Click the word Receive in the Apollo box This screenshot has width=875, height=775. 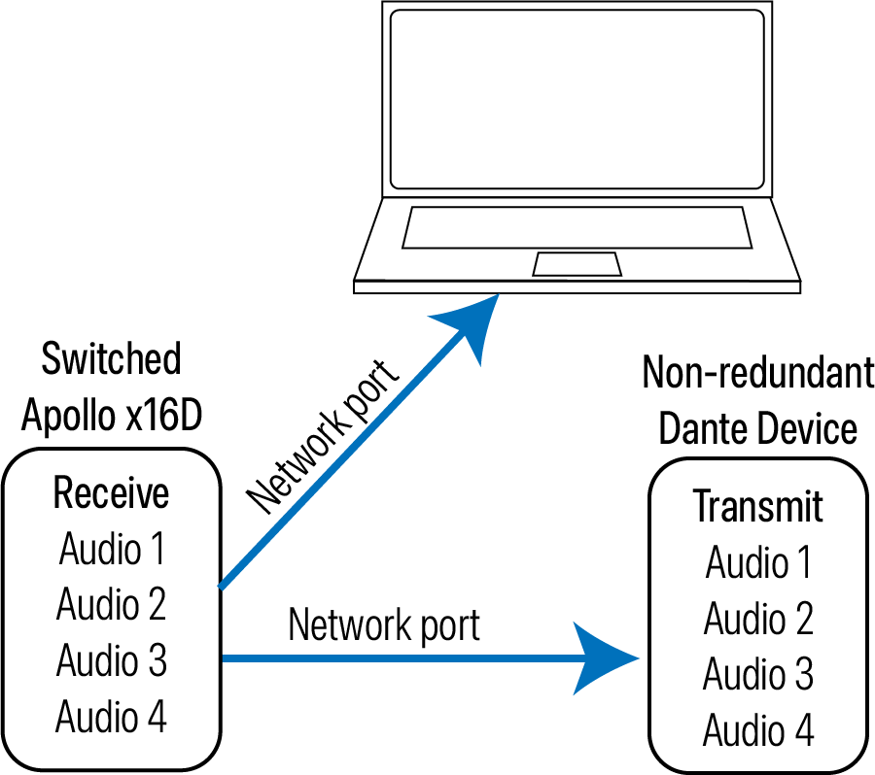[x=111, y=493]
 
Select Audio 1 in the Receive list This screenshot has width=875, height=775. [x=112, y=550]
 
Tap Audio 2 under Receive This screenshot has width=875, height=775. [x=112, y=605]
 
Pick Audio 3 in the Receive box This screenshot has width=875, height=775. [x=112, y=661]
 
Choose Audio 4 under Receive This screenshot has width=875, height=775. [x=112, y=718]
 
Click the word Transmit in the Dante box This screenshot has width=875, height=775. [x=757, y=506]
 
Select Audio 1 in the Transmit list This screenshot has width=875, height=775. [x=758, y=562]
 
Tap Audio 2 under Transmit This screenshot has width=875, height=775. [x=758, y=619]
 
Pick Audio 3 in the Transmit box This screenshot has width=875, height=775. [x=758, y=674]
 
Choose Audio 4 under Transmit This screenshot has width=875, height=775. [x=758, y=730]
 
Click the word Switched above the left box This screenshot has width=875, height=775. [x=111, y=358]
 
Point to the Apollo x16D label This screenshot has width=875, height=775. [x=111, y=416]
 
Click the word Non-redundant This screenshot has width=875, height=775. [x=758, y=372]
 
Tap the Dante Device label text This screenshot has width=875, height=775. [x=758, y=428]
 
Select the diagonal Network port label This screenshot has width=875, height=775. [x=324, y=436]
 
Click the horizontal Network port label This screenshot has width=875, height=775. [x=384, y=625]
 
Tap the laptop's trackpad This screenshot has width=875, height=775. [x=577, y=264]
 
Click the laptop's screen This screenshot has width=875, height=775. [x=577, y=99]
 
